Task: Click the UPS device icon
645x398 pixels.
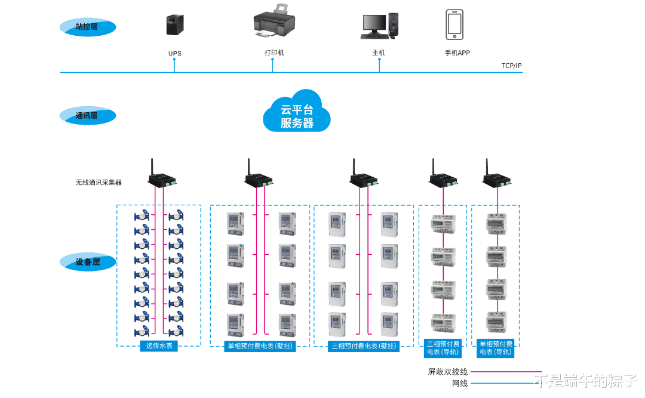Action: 174,24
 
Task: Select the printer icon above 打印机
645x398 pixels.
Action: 274,23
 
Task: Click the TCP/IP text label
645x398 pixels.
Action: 511,66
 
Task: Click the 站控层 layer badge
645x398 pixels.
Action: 87,27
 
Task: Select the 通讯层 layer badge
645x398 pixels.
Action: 87,115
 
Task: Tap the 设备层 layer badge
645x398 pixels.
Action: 87,262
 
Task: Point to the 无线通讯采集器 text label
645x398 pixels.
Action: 99,183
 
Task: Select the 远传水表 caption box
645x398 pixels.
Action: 158,345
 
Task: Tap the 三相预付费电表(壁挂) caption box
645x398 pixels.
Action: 364,345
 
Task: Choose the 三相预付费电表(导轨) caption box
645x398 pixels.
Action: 443,348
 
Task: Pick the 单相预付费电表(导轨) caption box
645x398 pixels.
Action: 496,348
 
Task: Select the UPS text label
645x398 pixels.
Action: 174,53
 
